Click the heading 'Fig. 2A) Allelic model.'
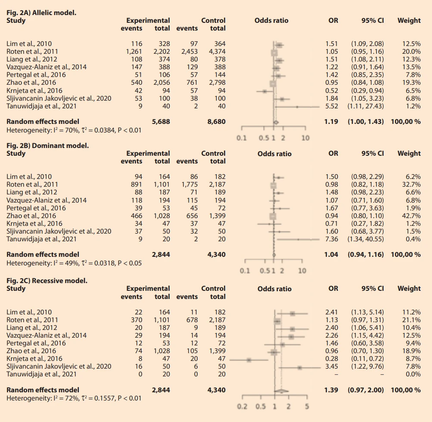pos(41,12)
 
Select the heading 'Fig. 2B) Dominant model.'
pos(48,145)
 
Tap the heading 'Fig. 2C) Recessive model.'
pos(47,280)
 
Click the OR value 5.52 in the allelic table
pos(332,106)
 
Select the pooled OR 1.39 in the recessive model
pos(331,390)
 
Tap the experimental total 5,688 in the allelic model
pos(161,122)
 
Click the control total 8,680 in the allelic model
pos(217,122)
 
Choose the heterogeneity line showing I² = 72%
pos(74,398)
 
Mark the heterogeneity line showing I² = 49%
pos(74,263)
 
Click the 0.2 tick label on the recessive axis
pos(242,407)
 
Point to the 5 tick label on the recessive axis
pos(307,407)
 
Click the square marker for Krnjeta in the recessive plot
pos(249,360)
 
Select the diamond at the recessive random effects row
pos(281,391)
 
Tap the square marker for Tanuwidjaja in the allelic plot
pos(297,107)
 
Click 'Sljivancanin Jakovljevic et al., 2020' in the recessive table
pos(59,367)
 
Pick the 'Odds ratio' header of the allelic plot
pos(271,20)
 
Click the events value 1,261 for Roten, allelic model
pos(134,52)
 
